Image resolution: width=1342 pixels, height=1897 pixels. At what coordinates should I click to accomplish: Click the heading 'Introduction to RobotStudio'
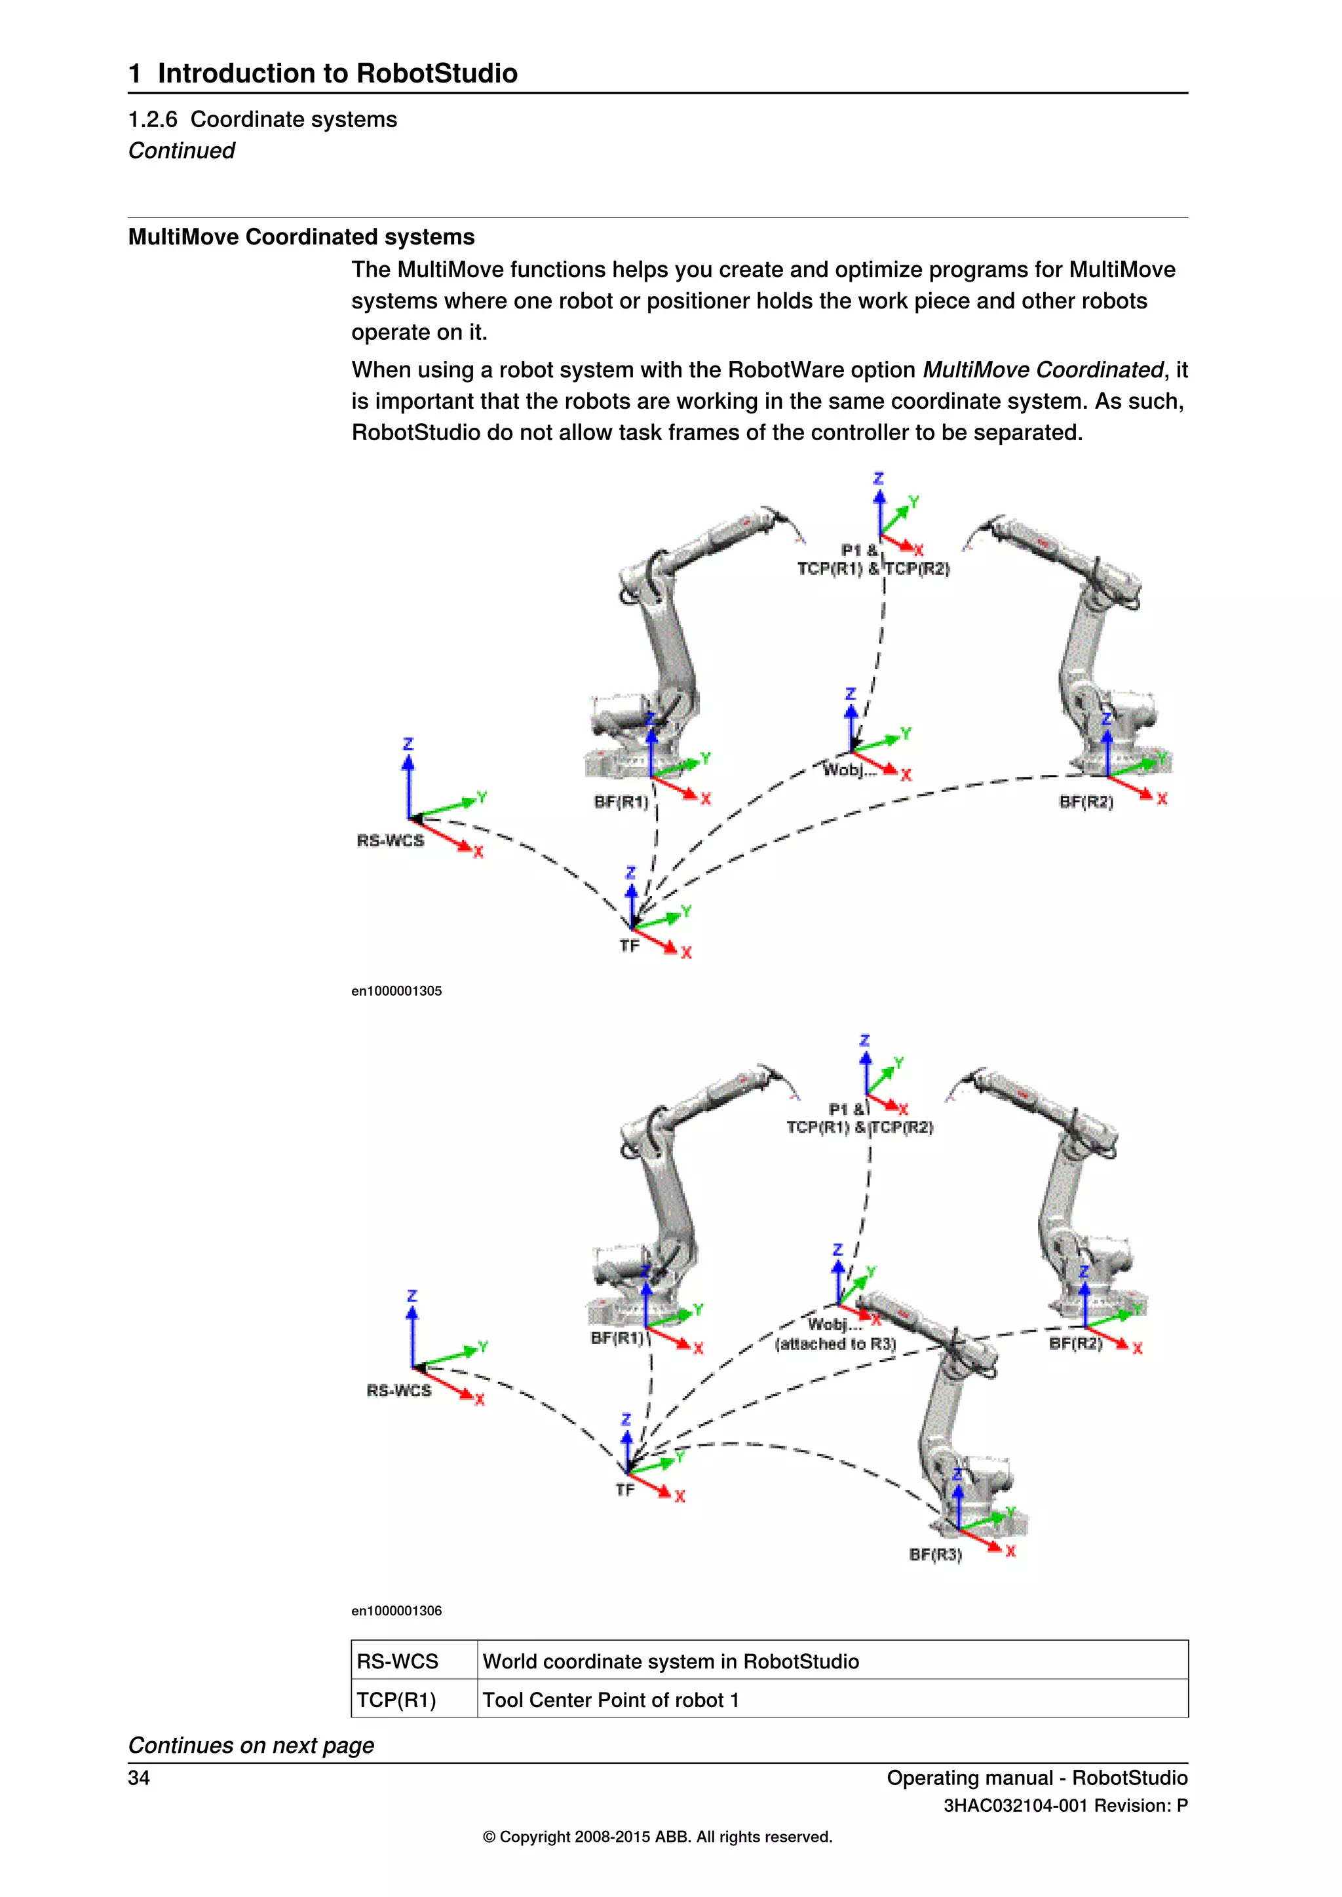tap(337, 73)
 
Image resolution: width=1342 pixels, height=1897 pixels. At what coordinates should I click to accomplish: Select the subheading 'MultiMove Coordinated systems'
tap(301, 237)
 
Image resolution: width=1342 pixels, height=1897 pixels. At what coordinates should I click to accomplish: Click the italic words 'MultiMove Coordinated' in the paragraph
tap(1043, 369)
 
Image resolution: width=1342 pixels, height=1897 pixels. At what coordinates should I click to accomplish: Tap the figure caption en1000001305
tap(396, 990)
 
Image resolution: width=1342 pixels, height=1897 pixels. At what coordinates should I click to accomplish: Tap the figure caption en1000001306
tap(396, 1610)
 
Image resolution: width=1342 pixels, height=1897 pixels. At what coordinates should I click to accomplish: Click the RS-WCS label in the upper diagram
tap(390, 840)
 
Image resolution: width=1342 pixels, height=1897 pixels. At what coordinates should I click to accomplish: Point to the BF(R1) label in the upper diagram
tap(621, 801)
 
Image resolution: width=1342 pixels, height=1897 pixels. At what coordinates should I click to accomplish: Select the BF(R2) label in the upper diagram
tap(1086, 801)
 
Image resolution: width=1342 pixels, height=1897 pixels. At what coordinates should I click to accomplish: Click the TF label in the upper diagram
tap(630, 946)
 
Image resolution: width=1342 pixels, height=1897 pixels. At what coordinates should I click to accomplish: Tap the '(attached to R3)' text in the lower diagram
tap(835, 1344)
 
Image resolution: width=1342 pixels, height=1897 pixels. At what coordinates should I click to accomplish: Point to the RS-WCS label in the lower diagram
tap(399, 1391)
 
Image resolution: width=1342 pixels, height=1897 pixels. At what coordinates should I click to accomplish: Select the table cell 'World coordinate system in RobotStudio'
tap(671, 1662)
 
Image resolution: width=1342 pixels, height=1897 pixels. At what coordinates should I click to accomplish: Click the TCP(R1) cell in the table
tap(396, 1700)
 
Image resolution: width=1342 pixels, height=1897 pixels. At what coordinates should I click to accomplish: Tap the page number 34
tap(139, 1778)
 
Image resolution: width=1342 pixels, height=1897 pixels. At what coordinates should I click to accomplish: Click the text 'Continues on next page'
tap(251, 1745)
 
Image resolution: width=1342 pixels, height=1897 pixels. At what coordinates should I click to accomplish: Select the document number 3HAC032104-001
tap(1016, 1805)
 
